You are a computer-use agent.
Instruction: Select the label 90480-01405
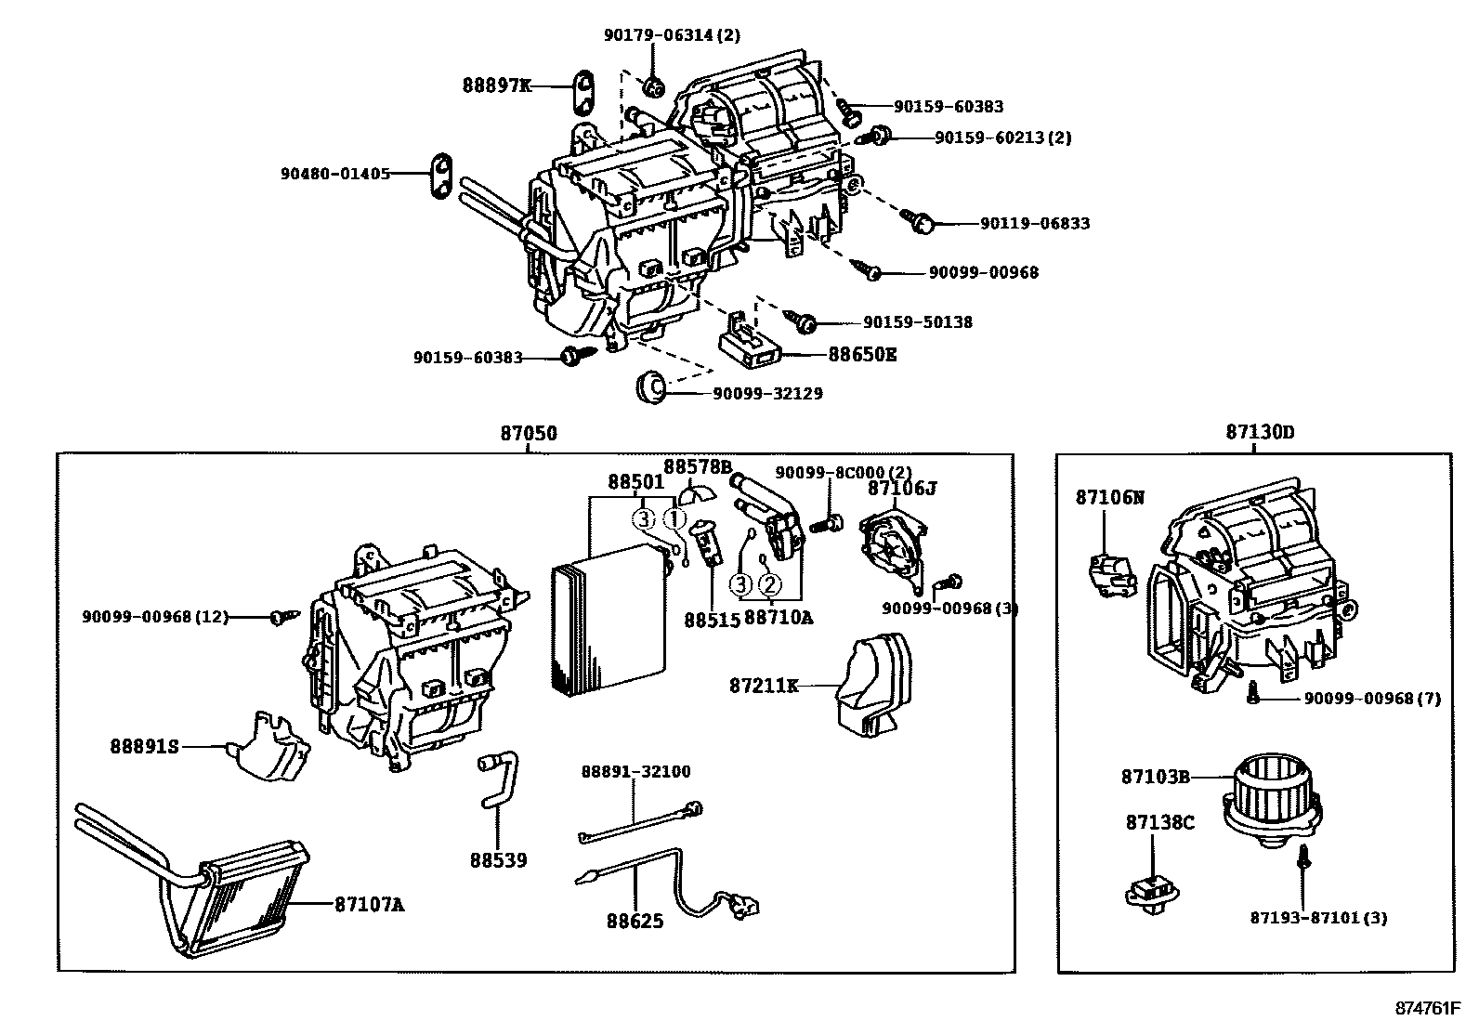[335, 174]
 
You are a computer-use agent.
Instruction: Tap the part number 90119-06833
[1035, 224]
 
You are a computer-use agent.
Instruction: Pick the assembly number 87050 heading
[529, 433]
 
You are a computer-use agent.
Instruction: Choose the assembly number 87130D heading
[1259, 433]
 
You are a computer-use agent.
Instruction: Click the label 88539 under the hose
[498, 861]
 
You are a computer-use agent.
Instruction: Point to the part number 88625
[635, 922]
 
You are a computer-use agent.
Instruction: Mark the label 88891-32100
[635, 772]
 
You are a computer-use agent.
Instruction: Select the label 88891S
[144, 746]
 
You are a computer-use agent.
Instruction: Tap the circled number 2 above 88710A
[769, 584]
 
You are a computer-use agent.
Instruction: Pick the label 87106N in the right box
[1110, 498]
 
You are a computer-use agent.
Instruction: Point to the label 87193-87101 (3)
[1318, 918]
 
